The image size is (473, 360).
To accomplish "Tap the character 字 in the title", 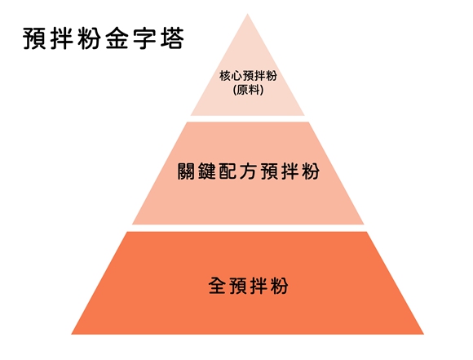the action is pos(144,38).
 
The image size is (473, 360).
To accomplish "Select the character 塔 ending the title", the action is pos(172,38).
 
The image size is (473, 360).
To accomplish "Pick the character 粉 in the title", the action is pos(89,38).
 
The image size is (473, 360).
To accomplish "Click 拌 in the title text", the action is pos(61,38).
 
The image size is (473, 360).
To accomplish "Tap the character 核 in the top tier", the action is pos(225,76).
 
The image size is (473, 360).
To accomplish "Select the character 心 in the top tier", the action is pos(236,76).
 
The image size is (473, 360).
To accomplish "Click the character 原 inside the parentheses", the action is pos(242,90).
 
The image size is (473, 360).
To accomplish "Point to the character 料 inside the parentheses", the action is pos(254,90).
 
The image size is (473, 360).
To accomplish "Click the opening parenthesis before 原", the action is pos(235,91).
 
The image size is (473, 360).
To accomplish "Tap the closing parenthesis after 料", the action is pos(262,91).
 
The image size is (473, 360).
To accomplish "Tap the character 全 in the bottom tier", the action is pos(217,286).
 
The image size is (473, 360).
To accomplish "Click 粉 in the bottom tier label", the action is pos(280,286).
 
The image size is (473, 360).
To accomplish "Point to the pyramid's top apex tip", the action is pos(248,14).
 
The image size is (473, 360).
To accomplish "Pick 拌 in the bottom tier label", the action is pos(259,286).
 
